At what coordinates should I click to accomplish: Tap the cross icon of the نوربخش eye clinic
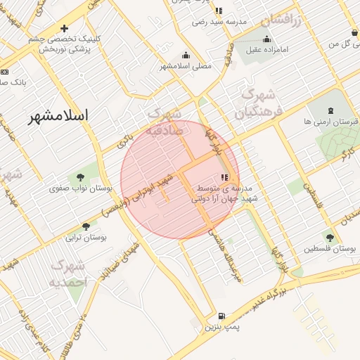(x=65, y=29)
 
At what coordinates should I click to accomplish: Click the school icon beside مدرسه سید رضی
(x=219, y=11)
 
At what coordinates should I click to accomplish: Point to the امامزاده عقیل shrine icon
(x=267, y=39)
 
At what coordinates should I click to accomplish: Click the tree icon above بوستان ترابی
(x=86, y=226)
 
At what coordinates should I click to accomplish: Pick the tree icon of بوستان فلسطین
(x=329, y=238)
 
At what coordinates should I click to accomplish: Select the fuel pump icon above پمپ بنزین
(x=222, y=316)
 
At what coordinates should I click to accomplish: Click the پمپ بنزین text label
(x=222, y=328)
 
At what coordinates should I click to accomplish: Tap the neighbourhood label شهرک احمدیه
(x=67, y=274)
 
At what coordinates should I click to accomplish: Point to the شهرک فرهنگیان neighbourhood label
(x=258, y=102)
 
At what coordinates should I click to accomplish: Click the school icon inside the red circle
(x=224, y=179)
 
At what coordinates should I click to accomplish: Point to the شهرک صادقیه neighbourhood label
(x=166, y=122)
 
